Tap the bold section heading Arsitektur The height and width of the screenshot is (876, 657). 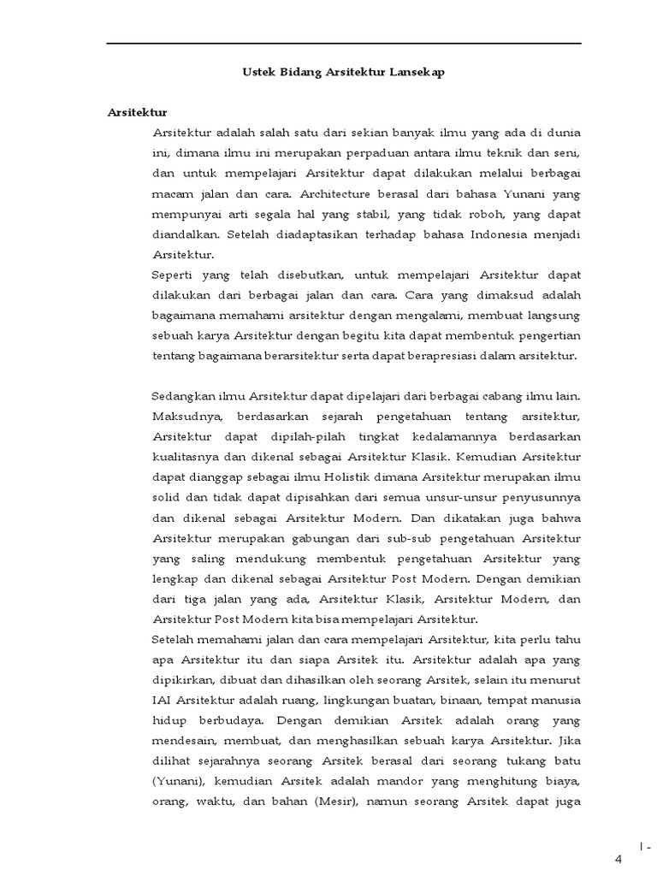[x=137, y=112]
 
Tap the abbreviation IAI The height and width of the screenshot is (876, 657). [x=163, y=701]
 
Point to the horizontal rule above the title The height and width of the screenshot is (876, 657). [x=343, y=44]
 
